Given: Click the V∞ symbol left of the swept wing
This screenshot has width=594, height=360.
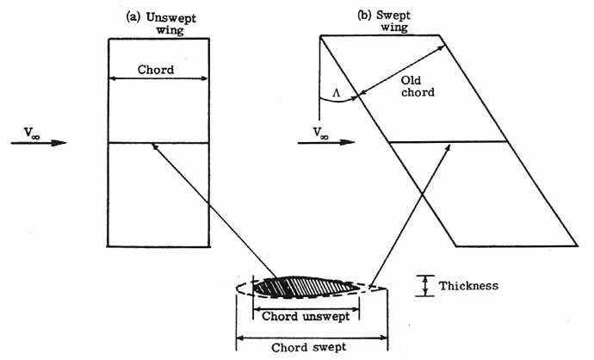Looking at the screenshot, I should tap(320, 133).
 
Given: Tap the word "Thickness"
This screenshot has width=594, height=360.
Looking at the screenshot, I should tap(468, 285).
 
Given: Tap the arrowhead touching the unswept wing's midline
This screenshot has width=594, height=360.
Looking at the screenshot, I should tap(153, 147).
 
